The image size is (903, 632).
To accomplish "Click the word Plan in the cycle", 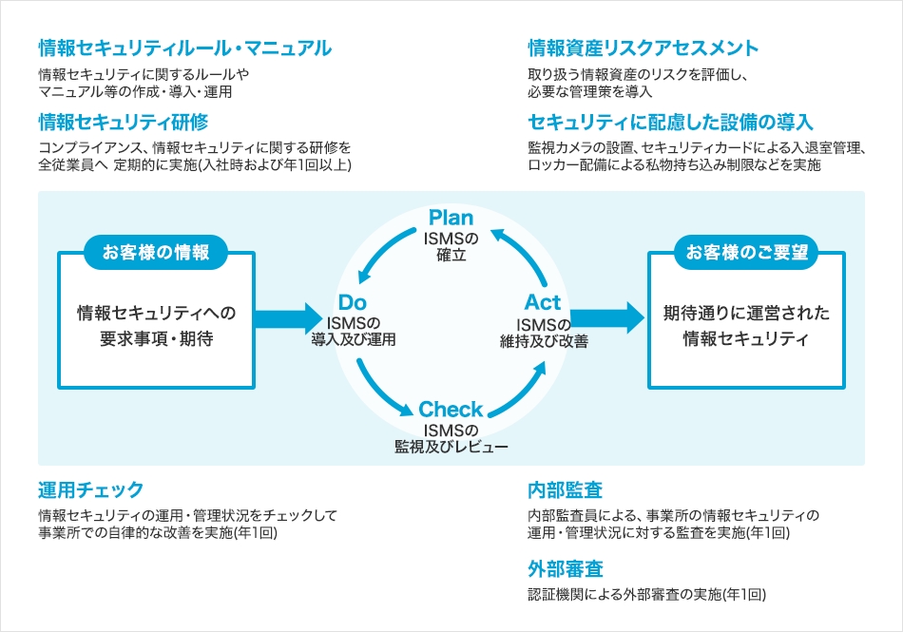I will click(451, 219).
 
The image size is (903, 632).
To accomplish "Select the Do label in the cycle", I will click(353, 302).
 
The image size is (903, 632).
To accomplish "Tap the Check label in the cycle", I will click(451, 410).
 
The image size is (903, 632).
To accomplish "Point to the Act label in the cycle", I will click(543, 302).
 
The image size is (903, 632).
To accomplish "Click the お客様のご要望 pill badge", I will click(746, 252).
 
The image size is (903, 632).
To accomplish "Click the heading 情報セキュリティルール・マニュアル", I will click(184, 48).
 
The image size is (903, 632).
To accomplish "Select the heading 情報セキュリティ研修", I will click(124, 122).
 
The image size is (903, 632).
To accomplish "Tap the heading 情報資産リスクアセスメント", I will click(644, 48).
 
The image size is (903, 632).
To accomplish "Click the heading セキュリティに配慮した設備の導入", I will click(670, 122).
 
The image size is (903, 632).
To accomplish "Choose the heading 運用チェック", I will click(91, 489).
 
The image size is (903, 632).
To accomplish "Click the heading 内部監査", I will click(566, 489).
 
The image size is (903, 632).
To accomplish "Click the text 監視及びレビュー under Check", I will click(451, 447).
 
